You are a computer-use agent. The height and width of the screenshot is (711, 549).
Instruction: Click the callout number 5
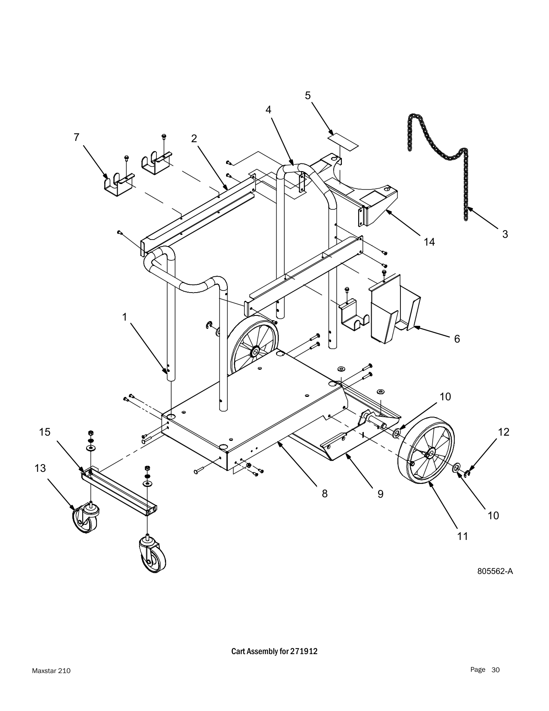point(307,95)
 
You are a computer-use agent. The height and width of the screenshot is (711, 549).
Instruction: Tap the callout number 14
point(429,242)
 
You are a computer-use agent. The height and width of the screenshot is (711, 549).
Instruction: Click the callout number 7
point(76,137)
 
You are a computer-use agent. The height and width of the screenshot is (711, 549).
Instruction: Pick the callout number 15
point(44,432)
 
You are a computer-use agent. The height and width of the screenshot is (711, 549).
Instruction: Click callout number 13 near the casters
point(40,468)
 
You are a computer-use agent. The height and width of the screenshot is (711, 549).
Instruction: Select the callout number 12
point(503,432)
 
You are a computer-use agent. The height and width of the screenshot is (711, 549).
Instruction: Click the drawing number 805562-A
point(495,571)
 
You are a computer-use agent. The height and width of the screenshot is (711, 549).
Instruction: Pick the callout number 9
point(380,493)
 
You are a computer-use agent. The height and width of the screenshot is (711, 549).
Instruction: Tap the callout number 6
point(457,339)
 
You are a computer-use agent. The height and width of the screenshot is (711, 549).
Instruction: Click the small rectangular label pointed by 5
point(343,141)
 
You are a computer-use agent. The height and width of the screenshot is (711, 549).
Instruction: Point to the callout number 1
point(124,317)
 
